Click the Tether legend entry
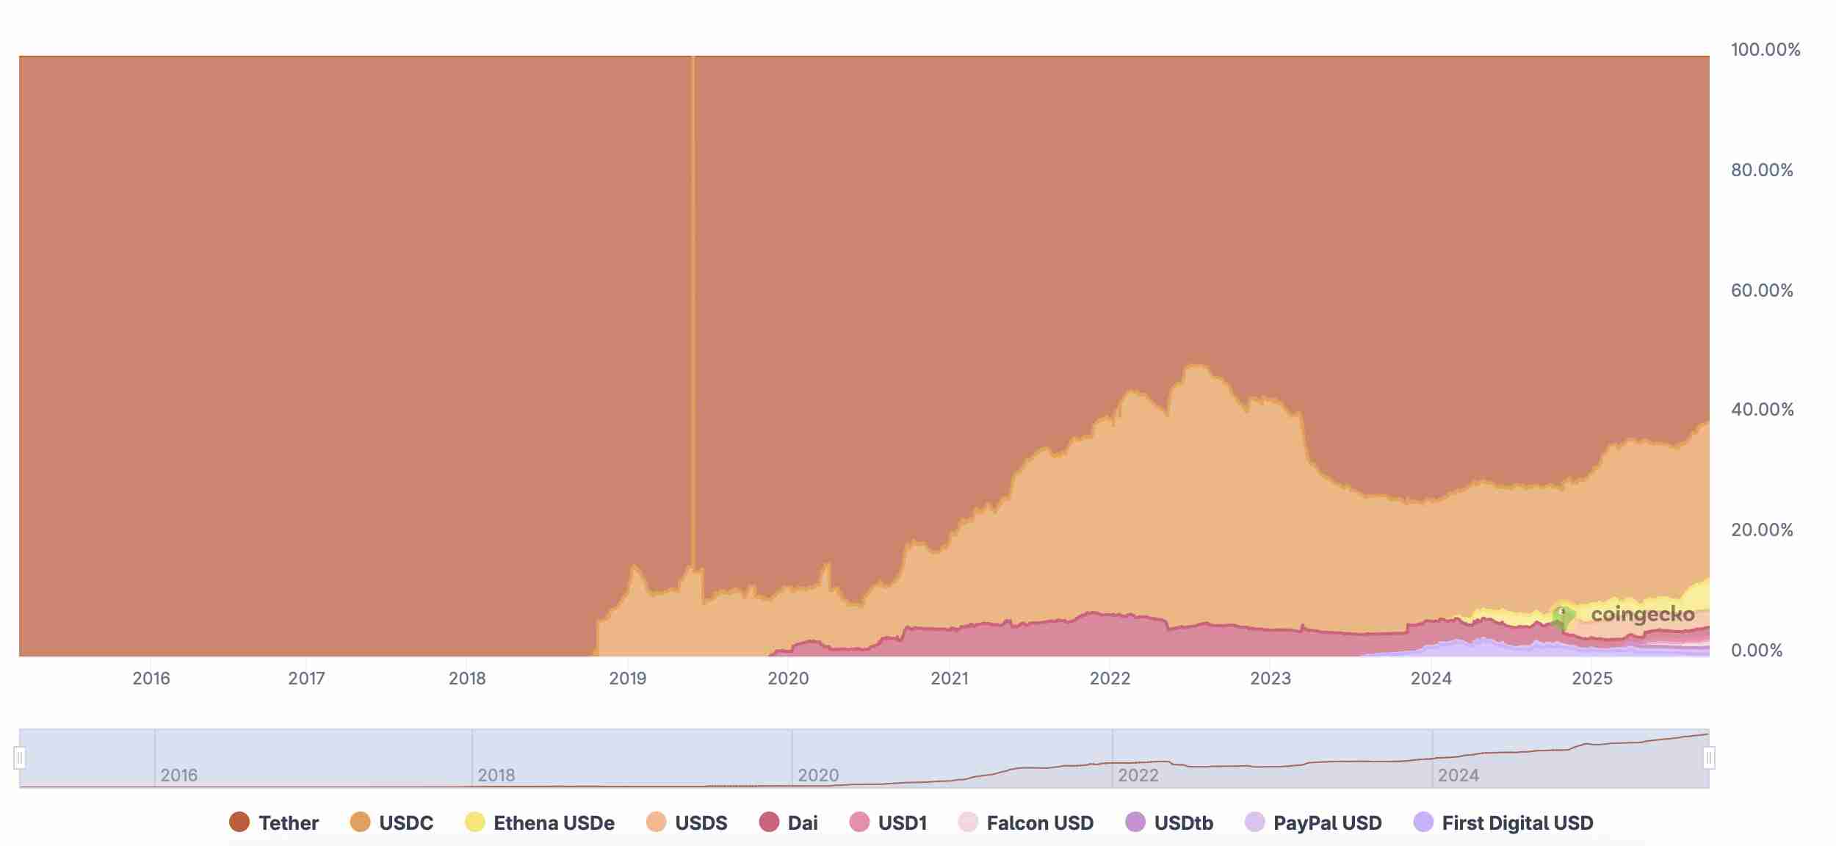(274, 822)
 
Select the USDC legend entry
(392, 822)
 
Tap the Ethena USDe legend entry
(540, 822)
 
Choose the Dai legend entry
(789, 822)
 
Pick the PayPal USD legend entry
(1314, 822)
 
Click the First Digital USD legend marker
(1423, 822)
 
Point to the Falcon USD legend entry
(1026, 822)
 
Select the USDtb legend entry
(1169, 822)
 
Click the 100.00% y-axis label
(1765, 50)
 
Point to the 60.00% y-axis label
(1762, 290)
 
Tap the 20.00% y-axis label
(1762, 529)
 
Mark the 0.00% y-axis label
(1757, 650)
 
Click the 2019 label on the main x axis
(628, 679)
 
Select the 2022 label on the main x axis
(1110, 679)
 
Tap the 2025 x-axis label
(1592, 679)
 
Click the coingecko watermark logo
(1623, 615)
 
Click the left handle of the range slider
(20, 757)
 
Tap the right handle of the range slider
(1709, 757)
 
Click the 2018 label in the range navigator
(496, 775)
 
